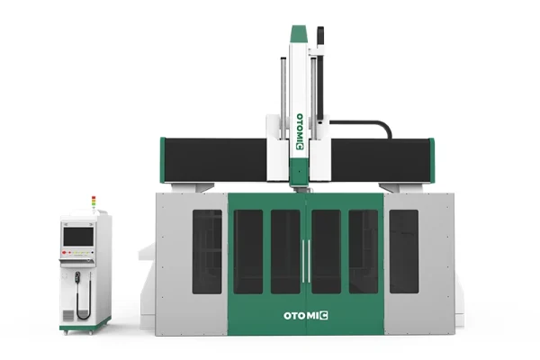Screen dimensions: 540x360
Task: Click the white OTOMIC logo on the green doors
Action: click(306, 316)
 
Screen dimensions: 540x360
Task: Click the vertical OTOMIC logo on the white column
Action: click(300, 132)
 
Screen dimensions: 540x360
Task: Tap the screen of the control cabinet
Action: click(78, 237)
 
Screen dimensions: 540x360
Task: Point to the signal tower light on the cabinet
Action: click(94, 202)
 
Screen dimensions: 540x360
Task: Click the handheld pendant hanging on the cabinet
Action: click(77, 278)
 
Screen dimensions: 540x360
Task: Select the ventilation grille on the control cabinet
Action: click(67, 316)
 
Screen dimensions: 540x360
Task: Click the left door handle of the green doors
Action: click(303, 261)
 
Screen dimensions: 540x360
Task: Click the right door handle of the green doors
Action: click(309, 261)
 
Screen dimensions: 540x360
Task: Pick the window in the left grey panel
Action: click(207, 252)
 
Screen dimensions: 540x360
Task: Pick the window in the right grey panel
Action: click(404, 251)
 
